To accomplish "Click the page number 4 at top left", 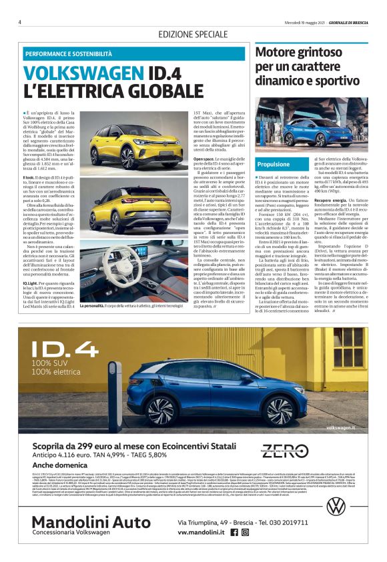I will (x=20, y=21).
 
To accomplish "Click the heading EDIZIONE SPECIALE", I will (x=193, y=34).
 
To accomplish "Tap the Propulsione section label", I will (x=274, y=163).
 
